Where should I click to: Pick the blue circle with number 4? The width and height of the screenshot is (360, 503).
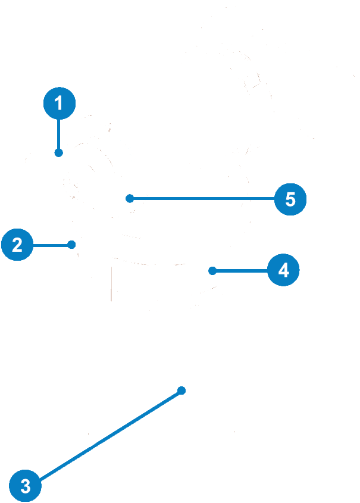point(283,270)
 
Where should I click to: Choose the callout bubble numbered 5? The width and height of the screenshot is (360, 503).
point(290,198)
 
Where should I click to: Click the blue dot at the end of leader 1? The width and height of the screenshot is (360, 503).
point(58,153)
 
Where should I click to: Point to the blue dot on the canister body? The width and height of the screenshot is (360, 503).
point(182,390)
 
